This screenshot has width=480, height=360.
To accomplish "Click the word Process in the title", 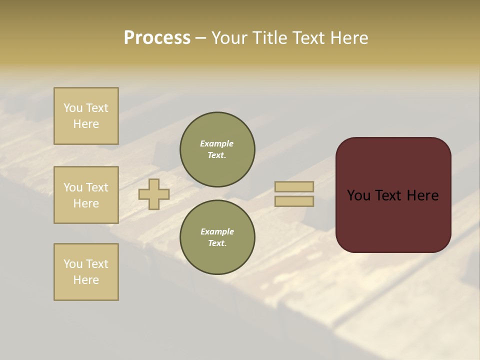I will [x=157, y=38].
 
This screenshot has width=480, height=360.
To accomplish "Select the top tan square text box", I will [x=86, y=116].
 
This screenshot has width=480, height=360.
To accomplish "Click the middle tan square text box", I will [x=86, y=195].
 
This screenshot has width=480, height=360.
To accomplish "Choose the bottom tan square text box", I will [x=86, y=272].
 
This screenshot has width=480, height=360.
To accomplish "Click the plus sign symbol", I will [x=154, y=194].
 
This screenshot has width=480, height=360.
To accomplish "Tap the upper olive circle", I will [x=217, y=149].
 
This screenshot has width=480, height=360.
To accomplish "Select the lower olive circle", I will [x=217, y=237].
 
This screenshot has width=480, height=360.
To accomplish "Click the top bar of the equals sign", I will [x=294, y=186].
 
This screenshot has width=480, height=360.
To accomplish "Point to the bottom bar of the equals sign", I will [x=294, y=201].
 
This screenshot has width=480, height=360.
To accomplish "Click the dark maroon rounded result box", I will [x=393, y=220].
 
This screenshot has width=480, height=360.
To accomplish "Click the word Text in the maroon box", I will [x=388, y=195].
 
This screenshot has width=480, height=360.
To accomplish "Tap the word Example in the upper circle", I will [x=217, y=143].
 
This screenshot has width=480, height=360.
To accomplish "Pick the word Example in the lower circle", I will [x=217, y=231].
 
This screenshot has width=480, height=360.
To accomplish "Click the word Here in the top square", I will [x=86, y=124].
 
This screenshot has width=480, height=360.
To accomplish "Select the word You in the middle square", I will [x=73, y=187].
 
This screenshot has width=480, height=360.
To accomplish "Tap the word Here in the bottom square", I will [x=86, y=280].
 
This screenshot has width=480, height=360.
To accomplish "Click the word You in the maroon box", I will [x=358, y=195].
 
